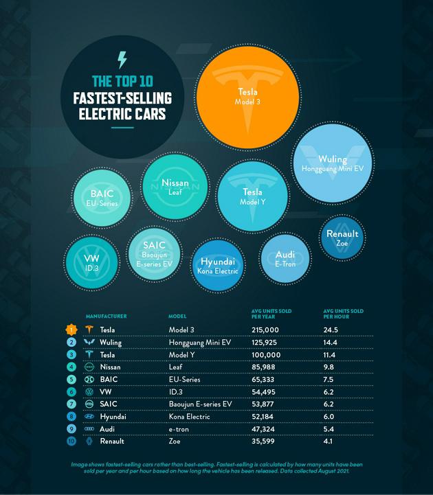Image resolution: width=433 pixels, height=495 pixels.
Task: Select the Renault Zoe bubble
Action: coord(342,238)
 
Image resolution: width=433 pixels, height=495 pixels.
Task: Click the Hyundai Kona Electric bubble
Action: coord(219,266)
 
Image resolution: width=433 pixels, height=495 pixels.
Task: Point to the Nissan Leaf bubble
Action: coord(175,187)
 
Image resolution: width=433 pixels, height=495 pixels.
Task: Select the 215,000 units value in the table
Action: coord(267,330)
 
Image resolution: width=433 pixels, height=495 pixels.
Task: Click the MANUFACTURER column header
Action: coord(105,316)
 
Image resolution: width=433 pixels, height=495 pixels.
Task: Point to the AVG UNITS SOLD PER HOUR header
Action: coord(339,314)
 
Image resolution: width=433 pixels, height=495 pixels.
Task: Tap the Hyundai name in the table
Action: coord(113,416)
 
